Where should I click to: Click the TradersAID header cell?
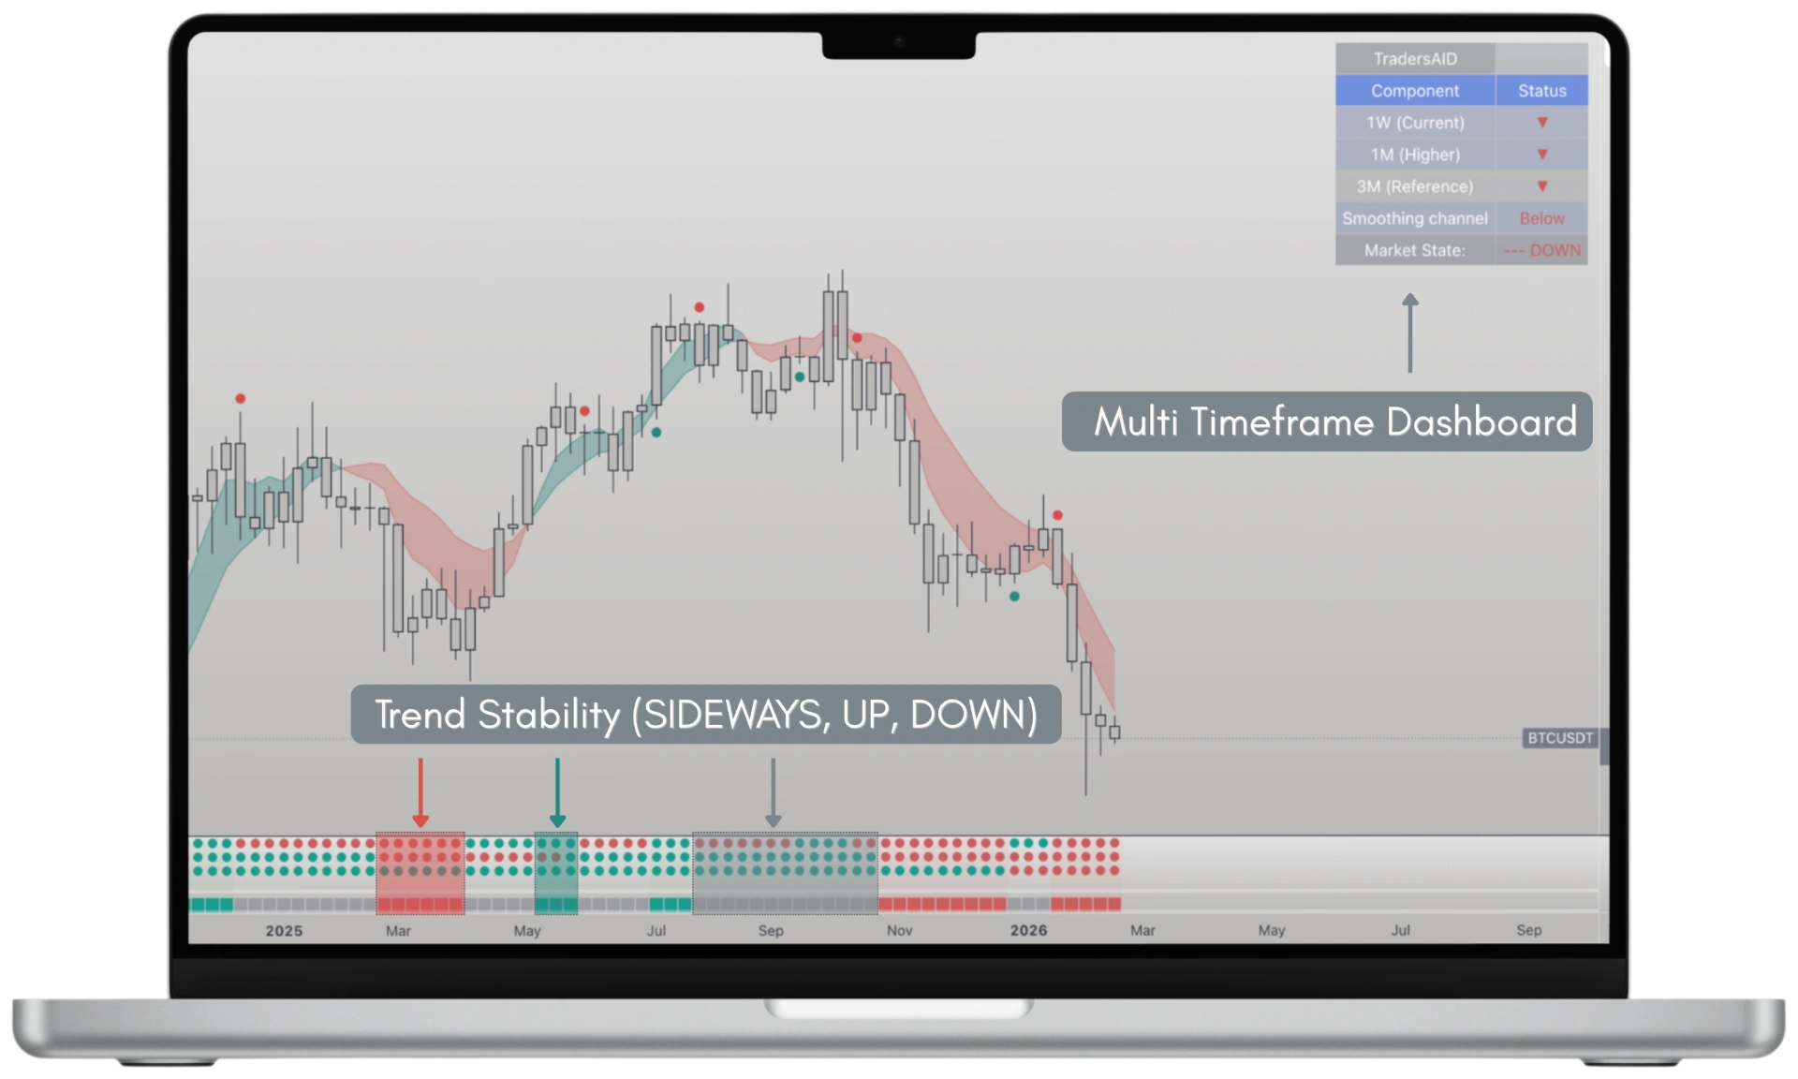(x=1415, y=59)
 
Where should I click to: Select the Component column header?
(x=1415, y=91)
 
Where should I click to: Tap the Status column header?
(x=1541, y=91)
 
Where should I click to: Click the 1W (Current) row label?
(x=1415, y=123)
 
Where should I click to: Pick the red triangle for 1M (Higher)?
(x=1542, y=155)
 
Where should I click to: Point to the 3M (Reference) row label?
(x=1415, y=186)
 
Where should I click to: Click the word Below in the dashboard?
(x=1541, y=218)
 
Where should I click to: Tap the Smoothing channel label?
(x=1415, y=218)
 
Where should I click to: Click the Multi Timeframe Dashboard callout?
(x=1327, y=421)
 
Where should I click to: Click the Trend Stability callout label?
(x=706, y=715)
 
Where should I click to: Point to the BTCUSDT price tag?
(x=1560, y=738)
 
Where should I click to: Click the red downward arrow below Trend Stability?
(x=420, y=792)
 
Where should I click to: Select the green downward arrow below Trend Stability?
(x=557, y=792)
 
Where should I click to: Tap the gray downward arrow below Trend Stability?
(x=773, y=792)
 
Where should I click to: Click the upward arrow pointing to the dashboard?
(x=1410, y=333)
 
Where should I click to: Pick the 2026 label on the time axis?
(x=1028, y=930)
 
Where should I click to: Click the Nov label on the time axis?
(x=899, y=930)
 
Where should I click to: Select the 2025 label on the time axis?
(x=284, y=930)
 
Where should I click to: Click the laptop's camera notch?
(x=899, y=44)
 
